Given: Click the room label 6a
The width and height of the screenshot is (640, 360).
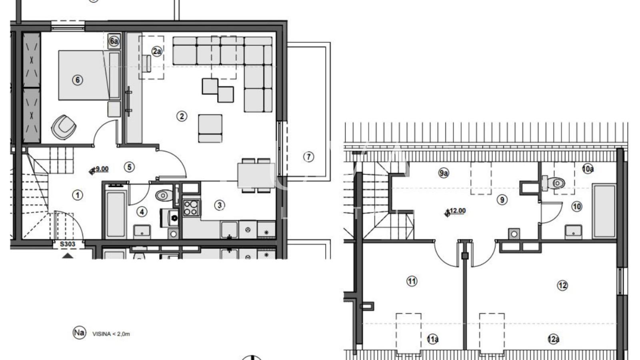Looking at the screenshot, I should [x=114, y=41].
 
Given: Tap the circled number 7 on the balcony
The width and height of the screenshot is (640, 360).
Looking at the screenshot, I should [x=308, y=157].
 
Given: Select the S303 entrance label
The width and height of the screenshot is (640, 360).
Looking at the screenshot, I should [x=68, y=244].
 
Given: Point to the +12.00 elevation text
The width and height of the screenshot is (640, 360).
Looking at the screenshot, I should [x=458, y=211].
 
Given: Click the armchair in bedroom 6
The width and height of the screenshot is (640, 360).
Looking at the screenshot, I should [x=64, y=127].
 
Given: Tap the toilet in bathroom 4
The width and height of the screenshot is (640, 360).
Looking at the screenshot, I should [x=162, y=196].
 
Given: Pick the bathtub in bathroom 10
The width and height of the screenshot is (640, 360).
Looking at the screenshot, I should [x=604, y=211].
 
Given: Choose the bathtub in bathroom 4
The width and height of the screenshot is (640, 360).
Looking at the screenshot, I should [x=116, y=214].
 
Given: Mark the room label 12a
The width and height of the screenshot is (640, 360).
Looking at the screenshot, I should [x=553, y=339].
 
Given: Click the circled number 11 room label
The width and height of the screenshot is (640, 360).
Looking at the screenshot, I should [x=412, y=281].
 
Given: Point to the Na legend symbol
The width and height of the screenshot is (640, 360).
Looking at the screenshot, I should [x=79, y=333].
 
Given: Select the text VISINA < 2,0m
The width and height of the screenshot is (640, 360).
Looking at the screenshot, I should [x=111, y=334].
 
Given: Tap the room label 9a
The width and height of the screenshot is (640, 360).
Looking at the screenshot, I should [x=443, y=173].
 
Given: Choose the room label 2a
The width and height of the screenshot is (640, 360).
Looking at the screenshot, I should [x=157, y=51].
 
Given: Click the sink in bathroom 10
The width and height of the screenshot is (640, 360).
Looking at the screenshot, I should [x=573, y=231].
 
